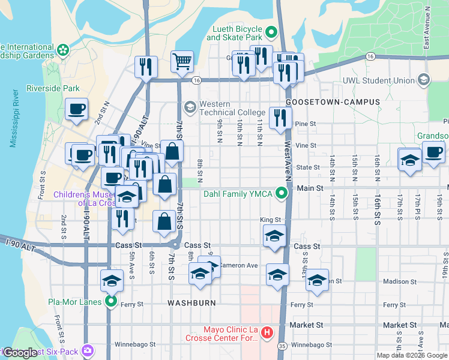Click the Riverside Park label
tap(53, 89)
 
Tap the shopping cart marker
tap(182, 61)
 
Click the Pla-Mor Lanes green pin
tap(110, 302)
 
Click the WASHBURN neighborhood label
tap(191, 303)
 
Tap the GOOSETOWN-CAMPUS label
tap(333, 102)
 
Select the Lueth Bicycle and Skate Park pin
tap(271, 32)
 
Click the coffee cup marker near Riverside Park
tap(76, 109)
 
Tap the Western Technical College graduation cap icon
tap(190, 107)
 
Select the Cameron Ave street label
tap(238, 265)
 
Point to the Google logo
tap(20, 353)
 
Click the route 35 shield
tap(282, 346)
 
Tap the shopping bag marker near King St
tap(164, 221)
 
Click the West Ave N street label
tap(288, 161)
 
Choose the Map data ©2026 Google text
tap(412, 355)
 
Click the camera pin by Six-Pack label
tap(88, 350)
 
